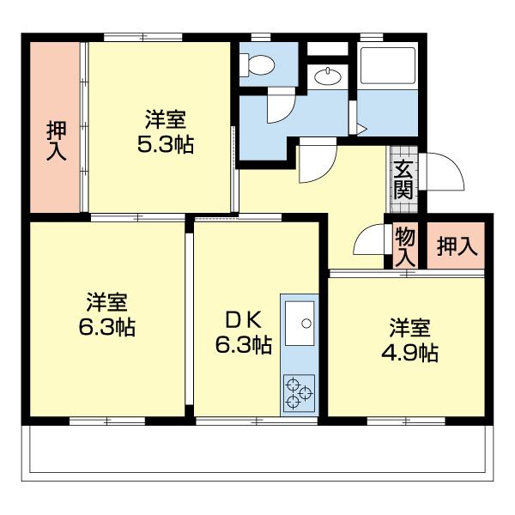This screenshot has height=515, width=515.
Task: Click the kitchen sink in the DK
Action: click(x=299, y=324)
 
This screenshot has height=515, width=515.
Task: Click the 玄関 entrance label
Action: click(x=403, y=180)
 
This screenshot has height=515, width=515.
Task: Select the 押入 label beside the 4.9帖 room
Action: click(x=456, y=247)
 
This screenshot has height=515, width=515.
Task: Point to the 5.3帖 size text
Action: click(x=166, y=143)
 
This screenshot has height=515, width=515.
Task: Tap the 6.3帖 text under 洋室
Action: click(x=107, y=327)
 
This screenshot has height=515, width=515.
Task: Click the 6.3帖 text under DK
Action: click(x=243, y=345)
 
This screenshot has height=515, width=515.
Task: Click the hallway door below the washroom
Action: click(x=312, y=163)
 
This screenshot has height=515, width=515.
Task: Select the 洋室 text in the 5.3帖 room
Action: click(x=166, y=118)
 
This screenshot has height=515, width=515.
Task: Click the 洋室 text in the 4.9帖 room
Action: click(x=410, y=327)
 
